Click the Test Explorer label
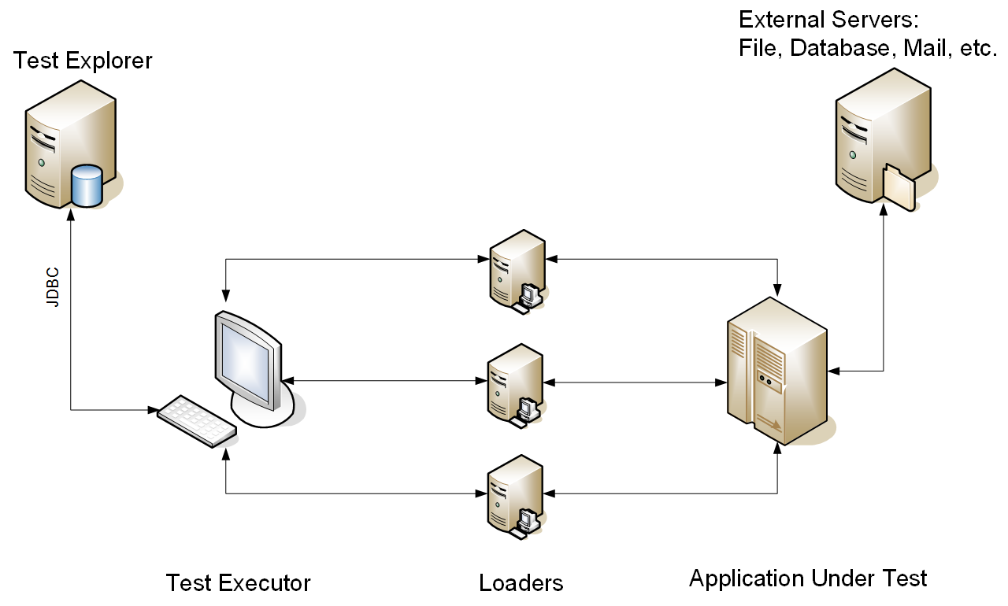[x=83, y=61]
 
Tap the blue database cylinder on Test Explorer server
[x=87, y=185]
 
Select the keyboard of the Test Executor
[x=197, y=421]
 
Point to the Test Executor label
[x=238, y=583]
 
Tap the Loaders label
[x=521, y=583]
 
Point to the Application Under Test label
[x=808, y=578]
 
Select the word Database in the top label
[x=839, y=48]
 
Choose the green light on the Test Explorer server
[x=41, y=162]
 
